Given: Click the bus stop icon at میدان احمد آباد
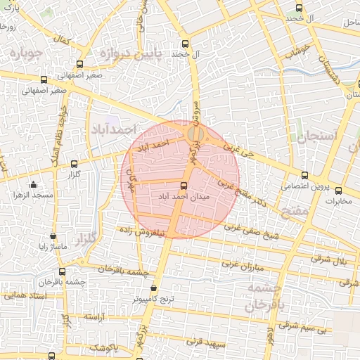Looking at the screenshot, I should pos(184,186).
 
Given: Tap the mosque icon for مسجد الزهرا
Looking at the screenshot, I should pos(33,185).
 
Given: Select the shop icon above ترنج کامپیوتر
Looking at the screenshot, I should pos(154,288).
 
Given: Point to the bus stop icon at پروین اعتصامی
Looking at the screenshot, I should pos(304,175).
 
